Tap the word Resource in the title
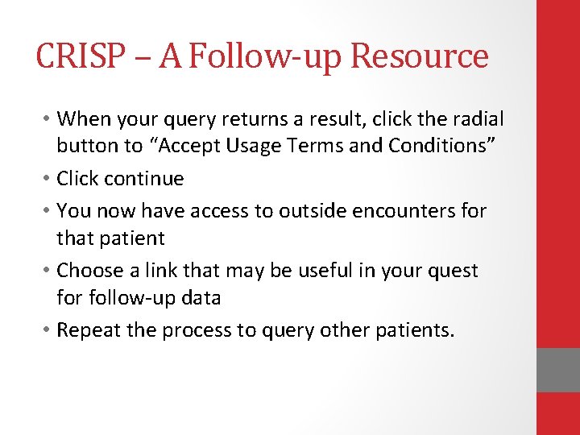click(420, 57)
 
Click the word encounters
click(382, 212)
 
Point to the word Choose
click(88, 271)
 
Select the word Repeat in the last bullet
click(87, 330)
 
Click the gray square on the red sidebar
click(557, 370)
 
